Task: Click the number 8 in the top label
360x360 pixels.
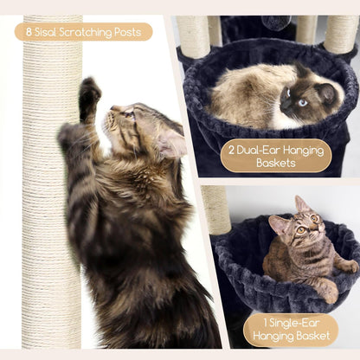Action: (29, 32)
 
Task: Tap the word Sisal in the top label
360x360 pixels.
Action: (46, 32)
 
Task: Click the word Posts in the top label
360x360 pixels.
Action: (128, 32)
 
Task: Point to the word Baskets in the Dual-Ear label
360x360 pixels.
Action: (276, 163)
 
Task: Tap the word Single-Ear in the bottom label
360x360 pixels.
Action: (291, 323)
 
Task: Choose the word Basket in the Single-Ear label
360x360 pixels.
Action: (312, 336)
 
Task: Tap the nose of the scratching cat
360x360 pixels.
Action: (112, 108)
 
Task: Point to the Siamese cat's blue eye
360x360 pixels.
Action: (302, 103)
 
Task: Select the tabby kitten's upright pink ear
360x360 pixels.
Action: (300, 204)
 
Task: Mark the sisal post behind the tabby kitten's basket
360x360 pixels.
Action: (215, 209)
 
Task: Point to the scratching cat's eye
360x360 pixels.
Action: (129, 115)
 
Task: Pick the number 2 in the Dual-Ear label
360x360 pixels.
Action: (231, 151)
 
